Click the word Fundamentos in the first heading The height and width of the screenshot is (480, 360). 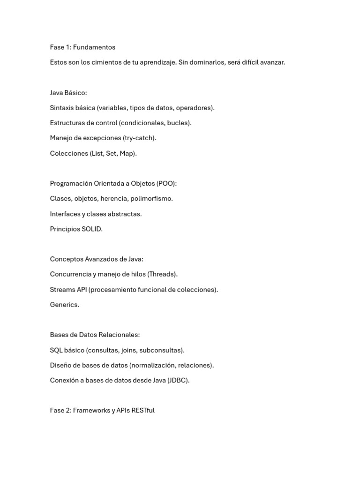[94, 47]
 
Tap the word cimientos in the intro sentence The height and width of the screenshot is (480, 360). [105, 62]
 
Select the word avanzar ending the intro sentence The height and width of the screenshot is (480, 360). [271, 62]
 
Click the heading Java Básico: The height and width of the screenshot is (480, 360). [68, 93]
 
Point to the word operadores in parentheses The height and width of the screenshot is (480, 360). [194, 108]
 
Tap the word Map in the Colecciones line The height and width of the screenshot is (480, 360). [126, 153]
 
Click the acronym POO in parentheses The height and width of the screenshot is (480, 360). [166, 183]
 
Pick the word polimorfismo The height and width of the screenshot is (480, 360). [151, 198]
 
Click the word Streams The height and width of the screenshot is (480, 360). [62, 290]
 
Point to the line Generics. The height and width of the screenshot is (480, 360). [65, 305]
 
